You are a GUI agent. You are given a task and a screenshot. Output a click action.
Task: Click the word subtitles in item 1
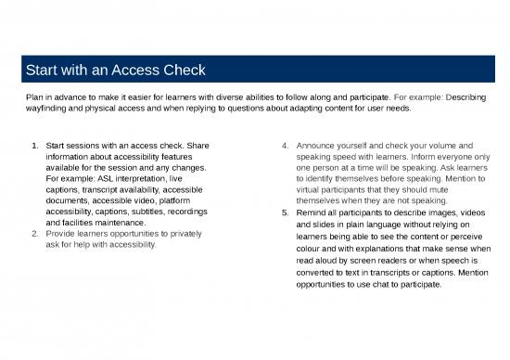click(136, 212)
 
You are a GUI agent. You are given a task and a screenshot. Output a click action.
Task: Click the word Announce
click(319, 146)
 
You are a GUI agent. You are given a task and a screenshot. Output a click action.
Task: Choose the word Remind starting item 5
click(312, 212)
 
